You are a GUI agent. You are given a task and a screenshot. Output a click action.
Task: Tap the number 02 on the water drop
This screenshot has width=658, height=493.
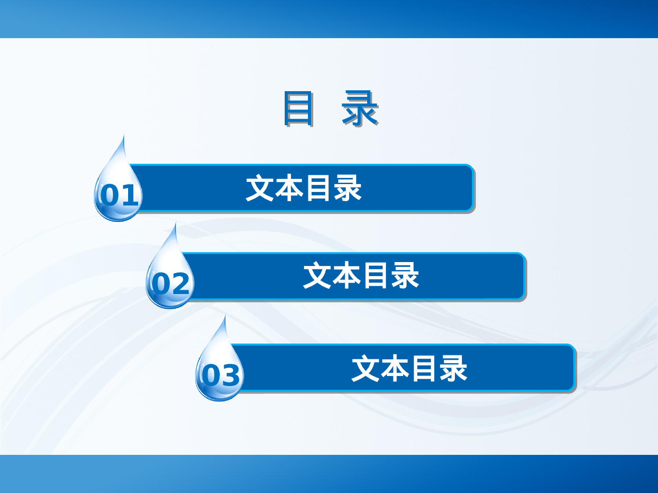(x=171, y=284)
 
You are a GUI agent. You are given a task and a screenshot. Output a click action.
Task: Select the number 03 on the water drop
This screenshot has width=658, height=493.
(x=221, y=376)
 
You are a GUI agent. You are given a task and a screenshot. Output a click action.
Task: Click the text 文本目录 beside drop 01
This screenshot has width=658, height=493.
(x=304, y=188)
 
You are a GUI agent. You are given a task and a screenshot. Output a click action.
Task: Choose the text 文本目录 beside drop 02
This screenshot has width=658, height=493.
(x=361, y=276)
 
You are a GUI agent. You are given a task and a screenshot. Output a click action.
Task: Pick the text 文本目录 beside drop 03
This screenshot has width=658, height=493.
(x=409, y=369)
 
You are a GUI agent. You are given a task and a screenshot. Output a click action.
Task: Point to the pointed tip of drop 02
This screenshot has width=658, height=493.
(x=175, y=224)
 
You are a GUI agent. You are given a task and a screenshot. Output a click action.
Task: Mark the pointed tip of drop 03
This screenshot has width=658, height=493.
(x=225, y=316)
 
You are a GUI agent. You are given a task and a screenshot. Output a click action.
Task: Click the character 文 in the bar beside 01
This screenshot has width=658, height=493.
(x=260, y=188)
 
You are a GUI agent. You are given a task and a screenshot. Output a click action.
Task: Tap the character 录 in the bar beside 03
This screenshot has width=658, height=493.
(x=454, y=369)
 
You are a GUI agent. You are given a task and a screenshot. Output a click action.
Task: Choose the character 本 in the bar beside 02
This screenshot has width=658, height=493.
(x=347, y=276)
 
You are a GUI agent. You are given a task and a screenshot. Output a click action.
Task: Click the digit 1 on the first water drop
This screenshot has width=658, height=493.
(x=130, y=195)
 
